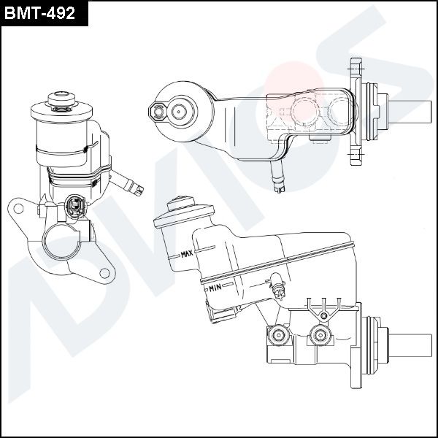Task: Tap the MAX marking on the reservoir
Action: click(185, 255)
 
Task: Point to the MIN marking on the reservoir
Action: click(215, 288)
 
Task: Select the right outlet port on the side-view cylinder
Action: click(319, 337)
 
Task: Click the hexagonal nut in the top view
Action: click(155, 111)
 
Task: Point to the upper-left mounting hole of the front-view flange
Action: click(20, 209)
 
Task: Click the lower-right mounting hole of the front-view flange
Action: click(104, 273)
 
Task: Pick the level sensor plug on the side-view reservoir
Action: click(277, 287)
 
